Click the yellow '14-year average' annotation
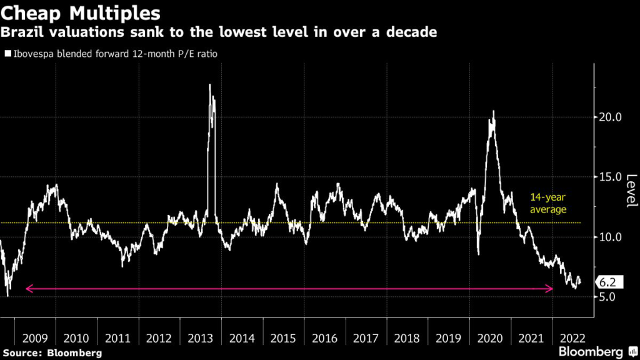pyautogui.click(x=548, y=202)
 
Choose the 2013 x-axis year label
pyautogui.click(x=201, y=338)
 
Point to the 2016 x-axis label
pyautogui.click(x=325, y=338)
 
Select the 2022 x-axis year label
pyautogui.click(x=572, y=338)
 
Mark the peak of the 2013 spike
pyautogui.click(x=210, y=84)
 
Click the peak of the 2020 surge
pyautogui.click(x=494, y=111)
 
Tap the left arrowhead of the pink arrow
pyautogui.click(x=27, y=289)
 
